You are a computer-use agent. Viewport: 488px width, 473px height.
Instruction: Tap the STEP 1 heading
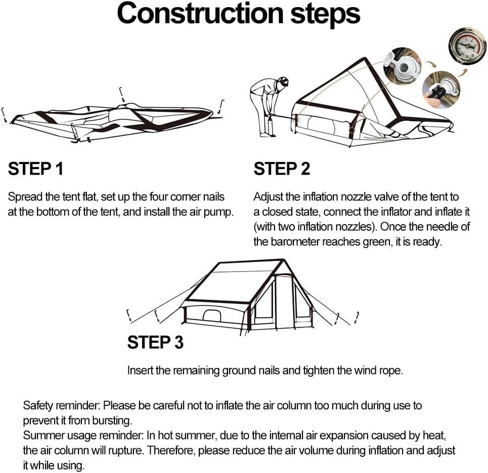coord(35,169)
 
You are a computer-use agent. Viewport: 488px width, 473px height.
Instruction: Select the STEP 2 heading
coord(282,169)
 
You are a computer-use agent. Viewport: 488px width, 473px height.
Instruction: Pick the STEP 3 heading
coord(155,342)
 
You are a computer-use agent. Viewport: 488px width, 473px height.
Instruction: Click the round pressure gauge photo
coord(467,46)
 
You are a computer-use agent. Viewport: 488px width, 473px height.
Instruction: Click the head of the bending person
coord(282,82)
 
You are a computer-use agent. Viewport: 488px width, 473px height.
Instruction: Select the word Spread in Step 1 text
coord(23,196)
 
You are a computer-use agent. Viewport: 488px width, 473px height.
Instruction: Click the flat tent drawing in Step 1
coord(111,119)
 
